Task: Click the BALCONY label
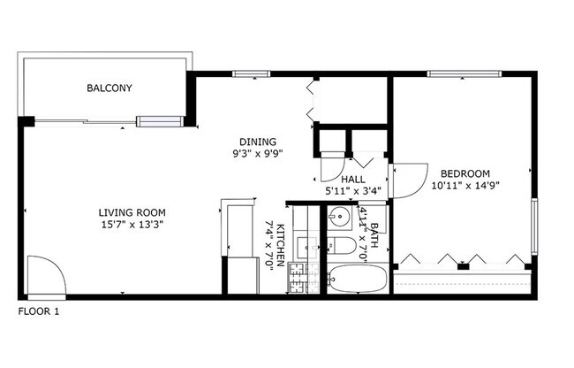point(110,88)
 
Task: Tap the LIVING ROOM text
point(132,212)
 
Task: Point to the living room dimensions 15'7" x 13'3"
point(132,225)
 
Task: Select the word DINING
point(258,141)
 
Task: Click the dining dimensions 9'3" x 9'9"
point(258,153)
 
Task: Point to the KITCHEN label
point(281,245)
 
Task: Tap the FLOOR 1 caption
point(39,311)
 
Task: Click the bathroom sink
point(340,217)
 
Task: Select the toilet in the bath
point(343,245)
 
